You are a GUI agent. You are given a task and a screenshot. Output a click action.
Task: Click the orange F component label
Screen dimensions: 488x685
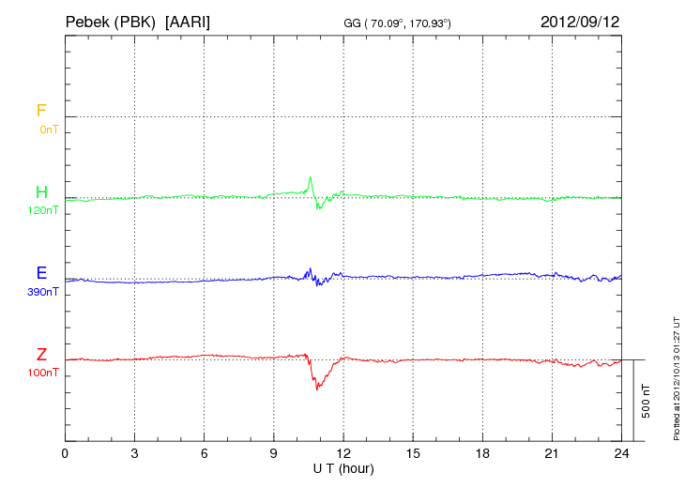[x=41, y=111]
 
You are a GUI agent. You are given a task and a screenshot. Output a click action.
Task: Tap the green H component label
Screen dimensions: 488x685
[x=41, y=192]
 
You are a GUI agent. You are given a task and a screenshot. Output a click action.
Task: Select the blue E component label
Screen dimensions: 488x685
[x=41, y=273]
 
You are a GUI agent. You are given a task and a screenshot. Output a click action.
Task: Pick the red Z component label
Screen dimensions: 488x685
[x=41, y=354]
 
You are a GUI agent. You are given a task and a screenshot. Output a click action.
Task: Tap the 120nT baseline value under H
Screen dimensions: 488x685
[x=43, y=210]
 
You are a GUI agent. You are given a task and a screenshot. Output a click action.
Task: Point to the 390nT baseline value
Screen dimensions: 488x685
[x=43, y=292]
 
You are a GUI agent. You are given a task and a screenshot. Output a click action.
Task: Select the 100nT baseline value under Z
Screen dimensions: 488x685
[x=43, y=373]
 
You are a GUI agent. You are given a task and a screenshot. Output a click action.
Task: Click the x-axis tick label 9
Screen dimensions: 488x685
[x=274, y=453]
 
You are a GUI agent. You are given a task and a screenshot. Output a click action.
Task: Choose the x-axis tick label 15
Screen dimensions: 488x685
[x=413, y=453]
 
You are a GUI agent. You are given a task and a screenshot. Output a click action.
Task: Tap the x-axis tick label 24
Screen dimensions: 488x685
[x=621, y=453]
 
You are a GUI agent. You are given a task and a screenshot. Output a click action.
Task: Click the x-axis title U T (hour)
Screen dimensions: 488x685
[x=343, y=467]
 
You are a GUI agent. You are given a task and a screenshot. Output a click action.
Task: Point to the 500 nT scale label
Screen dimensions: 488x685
[x=646, y=401]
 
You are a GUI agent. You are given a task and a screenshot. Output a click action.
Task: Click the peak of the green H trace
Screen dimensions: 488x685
[x=310, y=176]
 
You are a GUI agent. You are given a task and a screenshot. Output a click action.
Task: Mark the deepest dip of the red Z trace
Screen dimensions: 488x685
[x=317, y=389]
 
